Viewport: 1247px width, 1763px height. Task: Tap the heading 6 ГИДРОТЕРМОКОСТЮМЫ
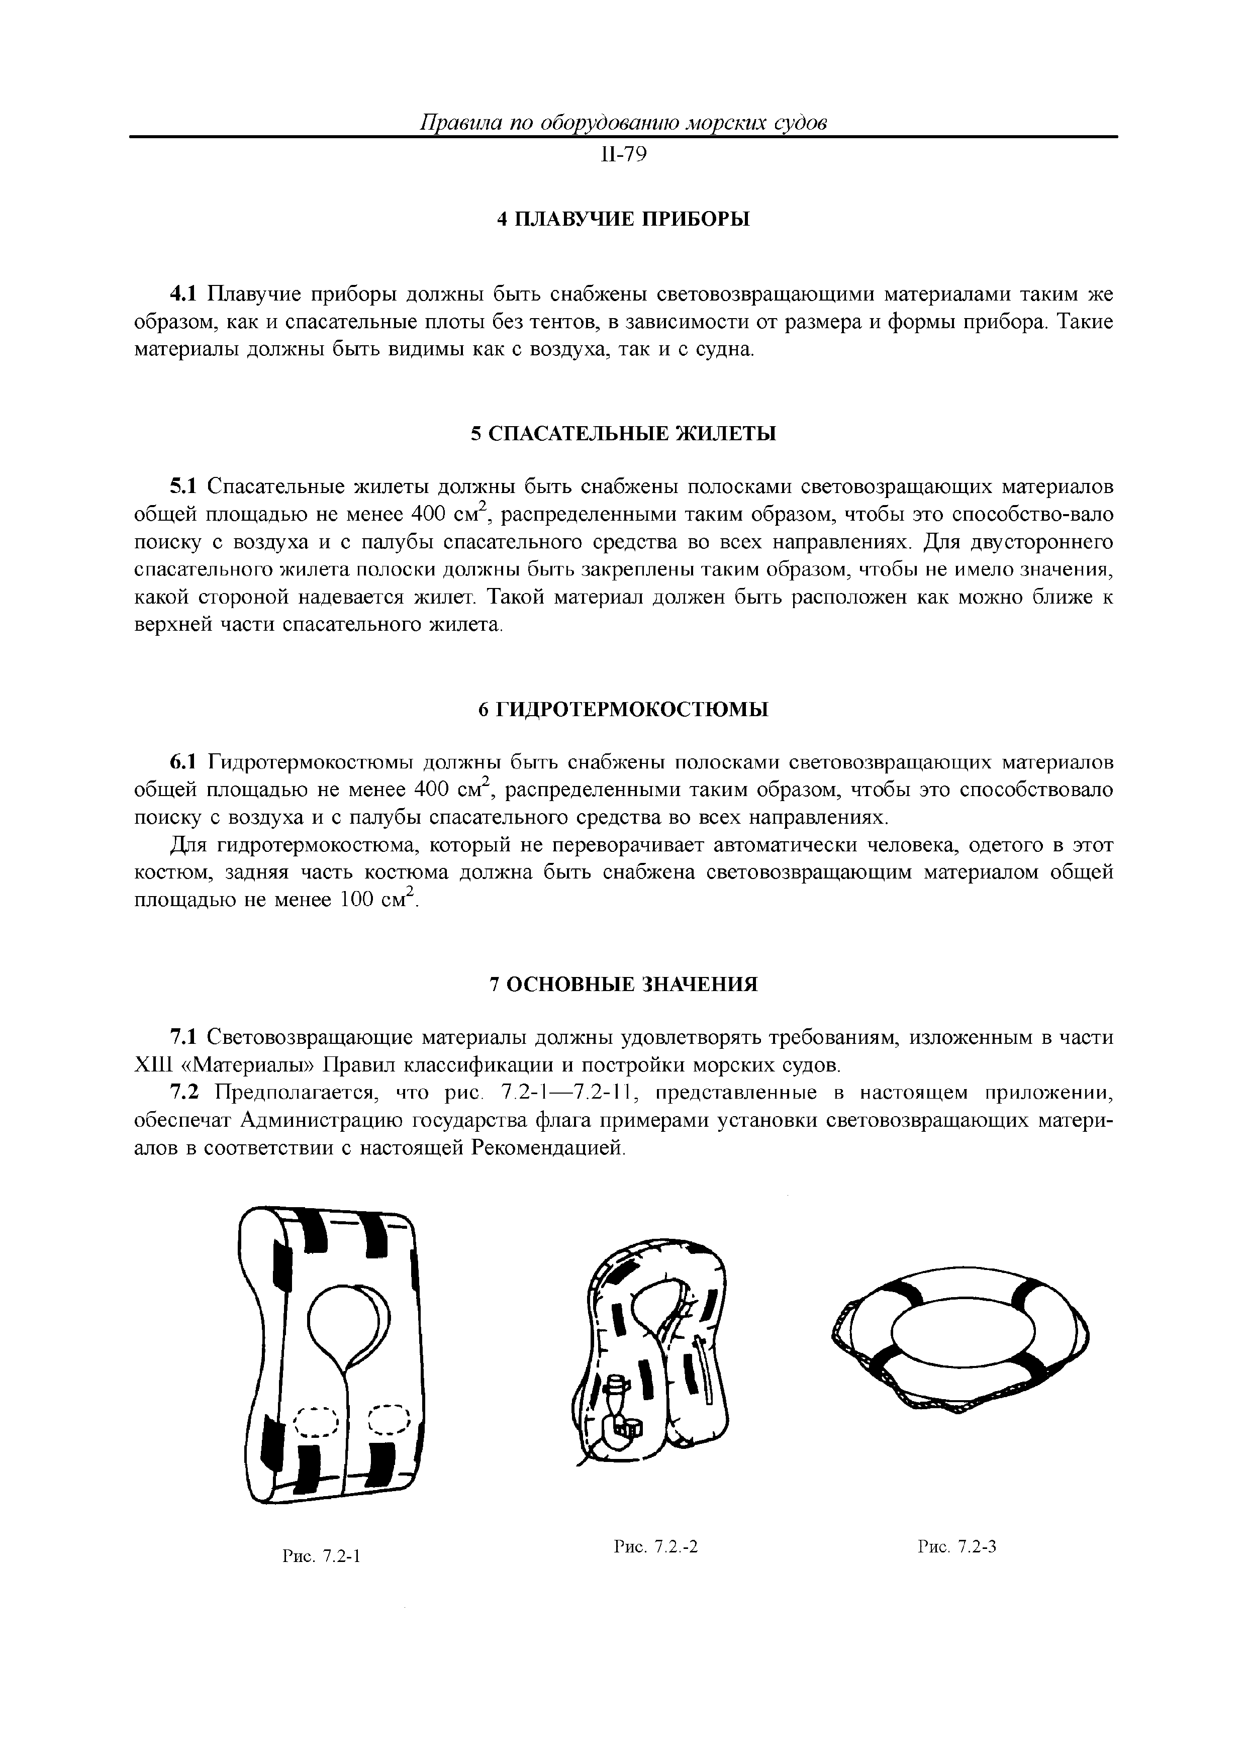point(623,710)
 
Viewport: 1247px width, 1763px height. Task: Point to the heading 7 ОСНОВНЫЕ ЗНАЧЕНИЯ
point(623,985)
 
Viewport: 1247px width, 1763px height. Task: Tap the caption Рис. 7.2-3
point(957,1546)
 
